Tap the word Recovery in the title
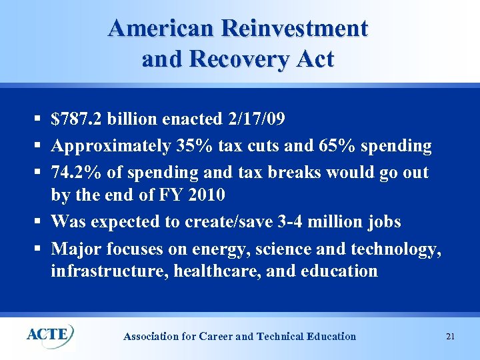click(238, 59)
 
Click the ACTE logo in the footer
click(49, 334)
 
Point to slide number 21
click(450, 337)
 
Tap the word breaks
click(299, 172)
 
